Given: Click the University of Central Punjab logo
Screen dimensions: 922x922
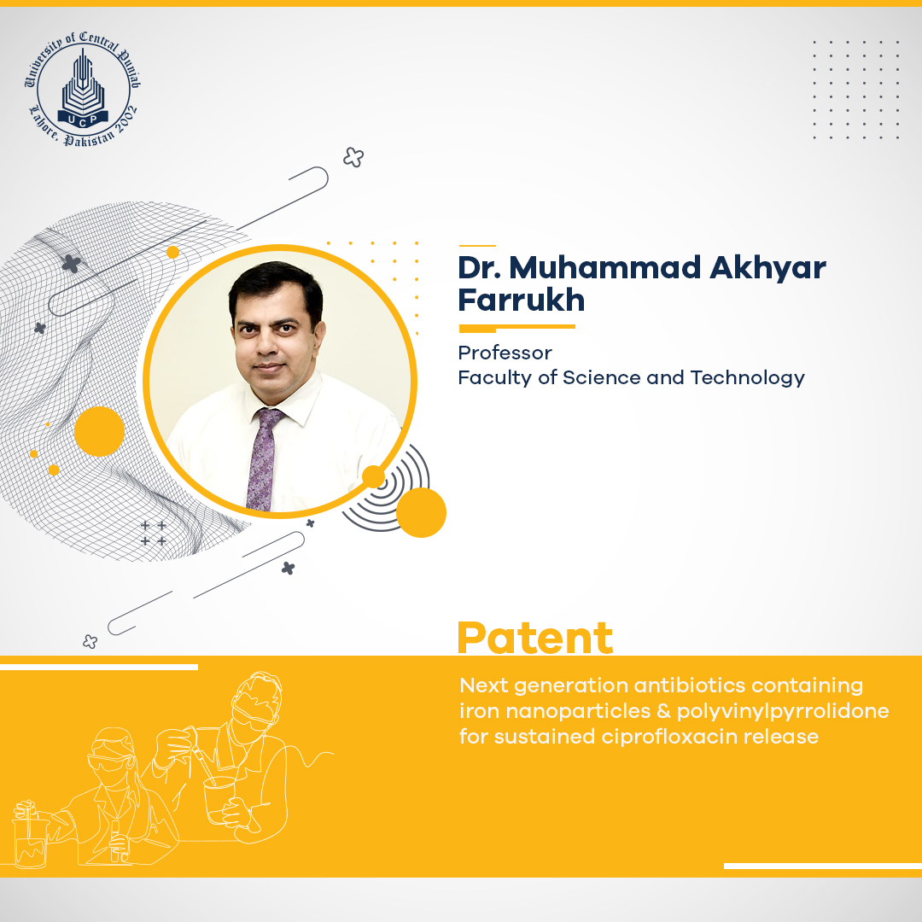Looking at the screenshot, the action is click(83, 88).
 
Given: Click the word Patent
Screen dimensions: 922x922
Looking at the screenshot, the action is click(535, 638).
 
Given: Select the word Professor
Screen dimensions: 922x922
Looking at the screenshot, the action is click(505, 353).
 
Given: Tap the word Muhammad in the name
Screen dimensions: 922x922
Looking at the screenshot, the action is click(605, 267).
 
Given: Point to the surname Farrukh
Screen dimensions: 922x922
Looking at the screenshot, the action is click(521, 300).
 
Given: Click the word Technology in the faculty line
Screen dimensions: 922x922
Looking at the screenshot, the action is click(747, 378).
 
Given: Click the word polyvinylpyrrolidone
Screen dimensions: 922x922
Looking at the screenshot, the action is click(783, 711).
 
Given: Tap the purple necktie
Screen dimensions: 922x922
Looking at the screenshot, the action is click(263, 459).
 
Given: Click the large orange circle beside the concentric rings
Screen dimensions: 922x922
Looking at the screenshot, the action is click(421, 512).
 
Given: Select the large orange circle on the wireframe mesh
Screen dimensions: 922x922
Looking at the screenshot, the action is click(99, 431).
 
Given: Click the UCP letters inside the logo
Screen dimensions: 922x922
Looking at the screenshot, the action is click(83, 120).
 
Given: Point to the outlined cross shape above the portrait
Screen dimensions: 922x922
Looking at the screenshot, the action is click(353, 157).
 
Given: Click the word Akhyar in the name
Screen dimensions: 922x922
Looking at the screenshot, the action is click(767, 269).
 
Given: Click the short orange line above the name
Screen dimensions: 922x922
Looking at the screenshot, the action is click(477, 245).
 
